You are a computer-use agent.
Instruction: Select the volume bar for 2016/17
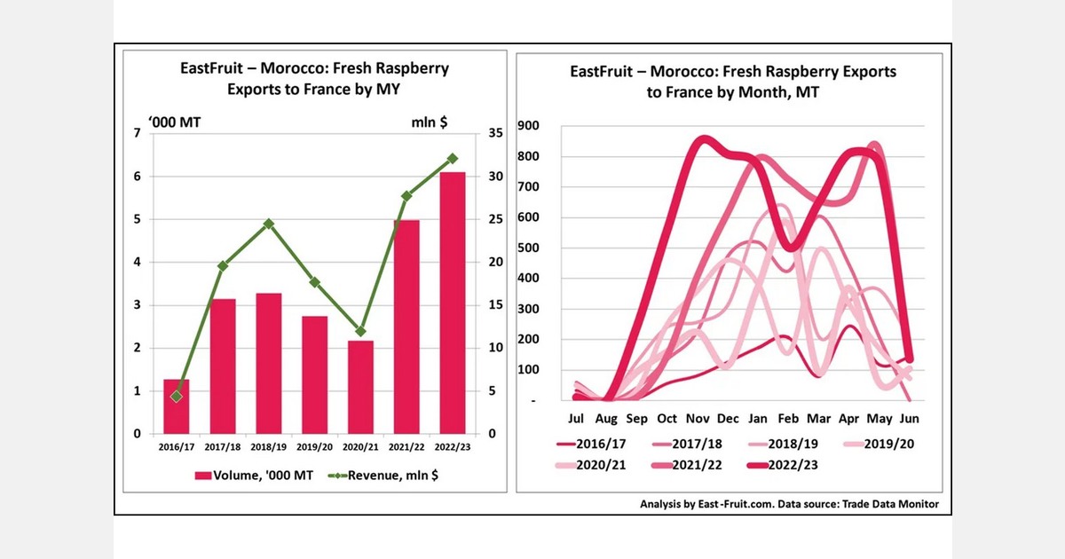(177, 406)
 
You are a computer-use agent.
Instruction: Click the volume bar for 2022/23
(453, 303)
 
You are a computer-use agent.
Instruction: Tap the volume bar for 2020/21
(361, 387)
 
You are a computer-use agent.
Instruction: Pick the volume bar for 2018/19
(269, 364)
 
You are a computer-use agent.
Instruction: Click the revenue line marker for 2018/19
(269, 224)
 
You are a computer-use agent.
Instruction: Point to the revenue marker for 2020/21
(361, 331)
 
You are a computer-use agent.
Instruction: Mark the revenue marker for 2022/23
(453, 158)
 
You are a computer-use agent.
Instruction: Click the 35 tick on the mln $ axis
(495, 133)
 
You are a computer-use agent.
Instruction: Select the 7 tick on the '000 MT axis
(137, 133)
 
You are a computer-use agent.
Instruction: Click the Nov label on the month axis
(697, 419)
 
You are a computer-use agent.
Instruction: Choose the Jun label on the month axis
(910, 419)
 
